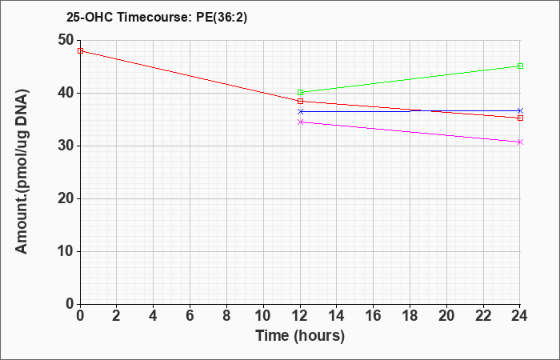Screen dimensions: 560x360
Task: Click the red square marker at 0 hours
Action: pos(80,50)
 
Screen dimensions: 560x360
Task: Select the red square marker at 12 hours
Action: pos(300,101)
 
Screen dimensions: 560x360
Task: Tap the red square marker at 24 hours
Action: pos(520,118)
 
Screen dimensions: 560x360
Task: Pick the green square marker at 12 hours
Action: pos(300,92)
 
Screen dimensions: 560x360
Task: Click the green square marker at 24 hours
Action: pos(520,66)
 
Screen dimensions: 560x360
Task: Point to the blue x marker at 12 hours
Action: pos(300,111)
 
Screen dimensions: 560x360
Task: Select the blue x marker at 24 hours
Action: pos(520,110)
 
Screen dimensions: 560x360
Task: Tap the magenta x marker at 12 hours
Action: pos(300,122)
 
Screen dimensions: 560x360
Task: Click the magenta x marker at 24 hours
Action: pos(520,142)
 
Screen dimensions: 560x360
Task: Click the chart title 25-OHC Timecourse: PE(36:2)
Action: pos(157,18)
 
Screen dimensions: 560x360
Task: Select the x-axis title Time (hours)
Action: pos(300,336)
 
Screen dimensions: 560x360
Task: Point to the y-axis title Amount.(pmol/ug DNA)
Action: pos(22,172)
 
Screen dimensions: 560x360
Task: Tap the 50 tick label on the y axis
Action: pos(66,40)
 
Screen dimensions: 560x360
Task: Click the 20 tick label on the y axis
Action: pos(66,199)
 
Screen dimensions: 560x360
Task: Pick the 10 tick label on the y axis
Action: pos(66,251)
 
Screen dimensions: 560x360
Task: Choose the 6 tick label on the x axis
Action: pos(190,316)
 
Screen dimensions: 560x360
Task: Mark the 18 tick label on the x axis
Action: pos(410,316)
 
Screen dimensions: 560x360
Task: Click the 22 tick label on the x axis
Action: pos(483,316)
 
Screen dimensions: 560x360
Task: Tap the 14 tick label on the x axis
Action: pos(337,316)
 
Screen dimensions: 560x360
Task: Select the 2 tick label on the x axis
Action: pos(117,316)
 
